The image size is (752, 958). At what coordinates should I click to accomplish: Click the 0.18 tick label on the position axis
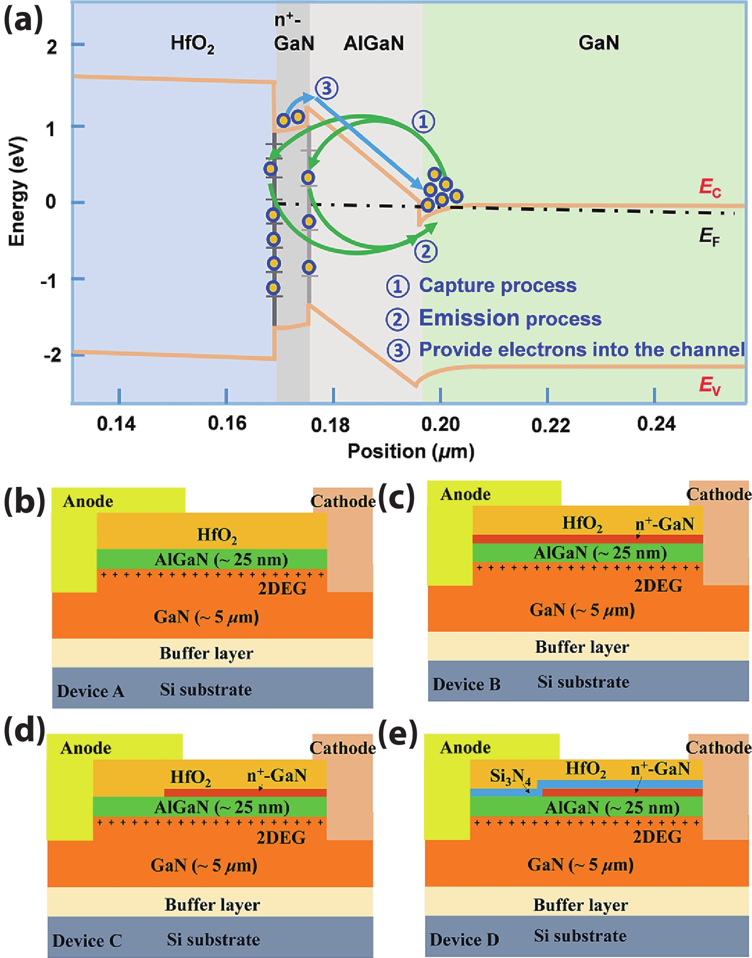tap(330, 425)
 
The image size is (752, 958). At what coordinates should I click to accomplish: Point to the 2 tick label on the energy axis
tap(52, 47)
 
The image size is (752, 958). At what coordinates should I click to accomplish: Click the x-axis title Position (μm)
tap(411, 452)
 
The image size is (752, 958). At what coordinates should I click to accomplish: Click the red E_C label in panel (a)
tap(710, 187)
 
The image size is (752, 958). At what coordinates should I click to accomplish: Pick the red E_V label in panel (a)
tap(710, 385)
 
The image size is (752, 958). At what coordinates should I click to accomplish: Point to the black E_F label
tap(709, 236)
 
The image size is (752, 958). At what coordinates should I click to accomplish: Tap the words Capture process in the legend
tap(498, 285)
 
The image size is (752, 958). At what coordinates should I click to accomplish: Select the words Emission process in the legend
tap(510, 318)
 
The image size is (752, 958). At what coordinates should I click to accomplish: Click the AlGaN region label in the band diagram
tap(374, 43)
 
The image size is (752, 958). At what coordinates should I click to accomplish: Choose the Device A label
tap(90, 691)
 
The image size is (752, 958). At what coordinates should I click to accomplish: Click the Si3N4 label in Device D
tap(510, 777)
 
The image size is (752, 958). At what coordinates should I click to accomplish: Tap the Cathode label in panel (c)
tap(719, 495)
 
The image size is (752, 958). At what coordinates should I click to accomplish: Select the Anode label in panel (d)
tap(86, 748)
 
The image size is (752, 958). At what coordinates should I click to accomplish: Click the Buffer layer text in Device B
tap(582, 647)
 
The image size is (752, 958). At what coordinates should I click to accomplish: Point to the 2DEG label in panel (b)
tap(282, 589)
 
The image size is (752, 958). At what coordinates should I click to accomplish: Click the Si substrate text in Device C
tap(213, 939)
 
